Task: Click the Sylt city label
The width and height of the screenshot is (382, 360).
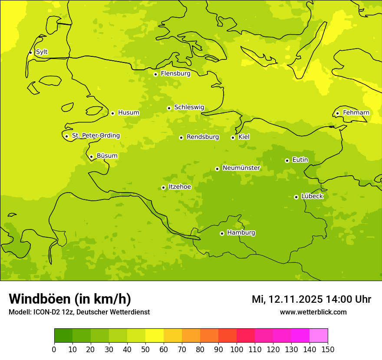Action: click(42, 52)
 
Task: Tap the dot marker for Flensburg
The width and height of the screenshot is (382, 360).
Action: click(155, 74)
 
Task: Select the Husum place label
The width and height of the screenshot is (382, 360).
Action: click(128, 113)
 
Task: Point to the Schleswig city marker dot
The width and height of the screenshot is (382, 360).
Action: click(169, 108)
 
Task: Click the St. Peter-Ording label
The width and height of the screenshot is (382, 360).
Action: click(96, 136)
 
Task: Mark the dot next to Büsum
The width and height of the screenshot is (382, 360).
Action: click(91, 157)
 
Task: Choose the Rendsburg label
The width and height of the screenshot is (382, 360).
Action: click(203, 137)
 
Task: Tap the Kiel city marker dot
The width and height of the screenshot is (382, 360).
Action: click(233, 137)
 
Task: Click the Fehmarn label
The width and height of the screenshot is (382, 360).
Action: click(356, 113)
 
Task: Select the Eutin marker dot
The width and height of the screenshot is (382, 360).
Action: click(287, 160)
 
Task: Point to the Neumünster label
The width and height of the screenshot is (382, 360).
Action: click(241, 168)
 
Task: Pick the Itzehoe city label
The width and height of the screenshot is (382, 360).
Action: click(180, 187)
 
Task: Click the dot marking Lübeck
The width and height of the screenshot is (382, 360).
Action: click(296, 197)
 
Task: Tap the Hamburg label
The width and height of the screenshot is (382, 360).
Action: click(241, 233)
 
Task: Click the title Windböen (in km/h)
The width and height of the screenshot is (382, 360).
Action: click(70, 299)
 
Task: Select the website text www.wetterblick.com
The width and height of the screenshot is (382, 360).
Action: click(313, 312)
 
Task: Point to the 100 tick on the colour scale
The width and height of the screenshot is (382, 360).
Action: click(237, 349)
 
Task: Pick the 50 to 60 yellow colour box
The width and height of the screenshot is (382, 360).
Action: click(155, 336)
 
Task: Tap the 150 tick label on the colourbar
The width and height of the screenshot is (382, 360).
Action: click(328, 349)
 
